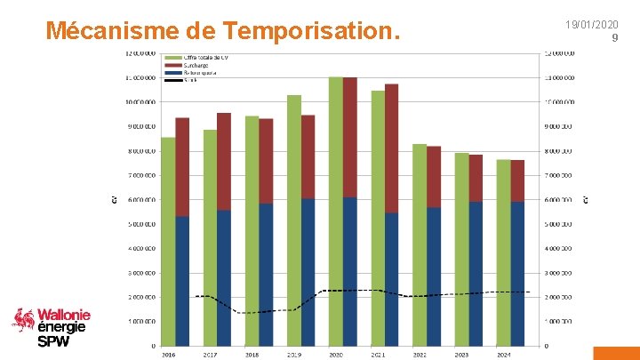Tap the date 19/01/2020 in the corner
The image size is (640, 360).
pyautogui.click(x=592, y=25)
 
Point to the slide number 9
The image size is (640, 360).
pyautogui.click(x=614, y=37)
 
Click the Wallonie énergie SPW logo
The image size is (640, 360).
pyautogui.click(x=52, y=326)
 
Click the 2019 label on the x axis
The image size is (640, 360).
pyautogui.click(x=293, y=354)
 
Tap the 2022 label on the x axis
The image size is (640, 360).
pyautogui.click(x=420, y=354)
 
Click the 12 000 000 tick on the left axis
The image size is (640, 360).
pyautogui.click(x=140, y=53)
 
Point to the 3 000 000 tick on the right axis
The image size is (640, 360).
pyautogui.click(x=559, y=273)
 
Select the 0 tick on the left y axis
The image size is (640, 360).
pyautogui.click(x=154, y=346)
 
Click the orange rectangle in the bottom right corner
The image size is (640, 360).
pyautogui.click(x=616, y=352)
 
